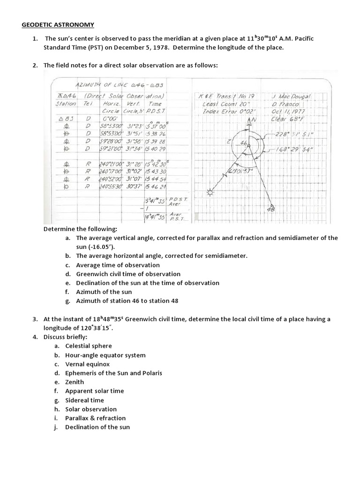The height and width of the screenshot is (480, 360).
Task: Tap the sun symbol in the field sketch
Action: pos(209,192)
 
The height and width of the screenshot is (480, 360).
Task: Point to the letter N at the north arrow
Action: pos(255,120)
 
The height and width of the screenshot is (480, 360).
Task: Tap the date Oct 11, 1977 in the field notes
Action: pos(288,112)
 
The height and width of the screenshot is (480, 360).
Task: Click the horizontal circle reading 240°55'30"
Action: pos(111,187)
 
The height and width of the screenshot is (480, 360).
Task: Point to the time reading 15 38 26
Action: pos(156,134)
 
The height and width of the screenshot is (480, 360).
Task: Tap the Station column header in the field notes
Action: pos(66,104)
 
